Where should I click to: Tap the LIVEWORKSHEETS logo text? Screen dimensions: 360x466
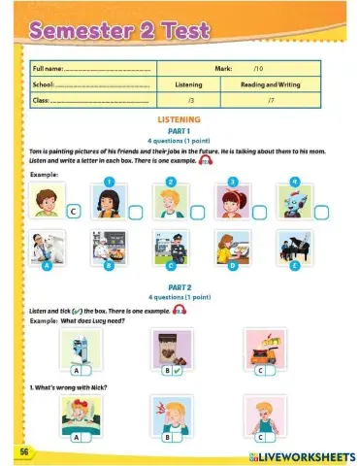tap(303, 454)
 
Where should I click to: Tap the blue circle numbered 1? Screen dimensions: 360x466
tap(110, 182)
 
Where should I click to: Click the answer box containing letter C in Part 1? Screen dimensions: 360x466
tap(74, 210)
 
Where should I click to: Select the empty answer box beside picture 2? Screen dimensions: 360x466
tap(196, 211)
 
